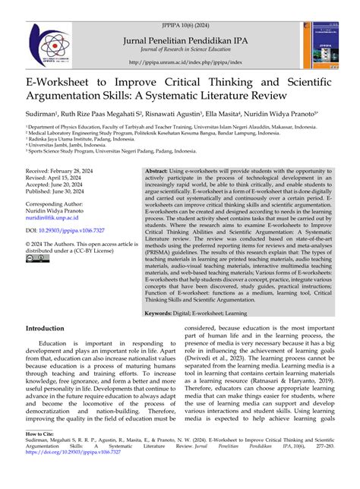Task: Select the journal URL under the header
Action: tap(179, 62)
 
